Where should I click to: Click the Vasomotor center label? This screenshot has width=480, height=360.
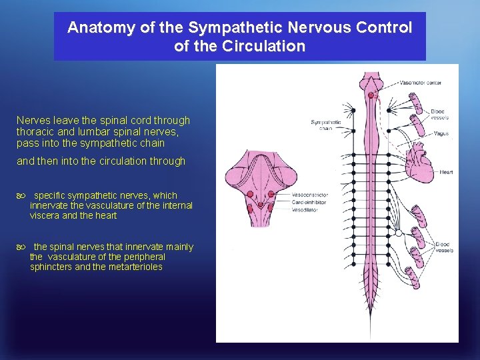point(420,83)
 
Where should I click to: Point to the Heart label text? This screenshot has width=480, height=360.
point(446,172)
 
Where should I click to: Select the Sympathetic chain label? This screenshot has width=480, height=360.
point(326,125)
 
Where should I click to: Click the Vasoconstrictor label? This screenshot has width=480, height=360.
point(309,195)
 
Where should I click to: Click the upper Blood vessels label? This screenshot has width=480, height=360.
point(439,114)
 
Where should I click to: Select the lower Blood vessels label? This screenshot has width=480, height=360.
point(444,247)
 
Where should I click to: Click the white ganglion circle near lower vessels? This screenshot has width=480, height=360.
point(398,233)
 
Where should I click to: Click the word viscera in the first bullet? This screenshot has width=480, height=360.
point(45,215)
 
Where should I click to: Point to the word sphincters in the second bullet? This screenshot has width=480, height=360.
point(51,267)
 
